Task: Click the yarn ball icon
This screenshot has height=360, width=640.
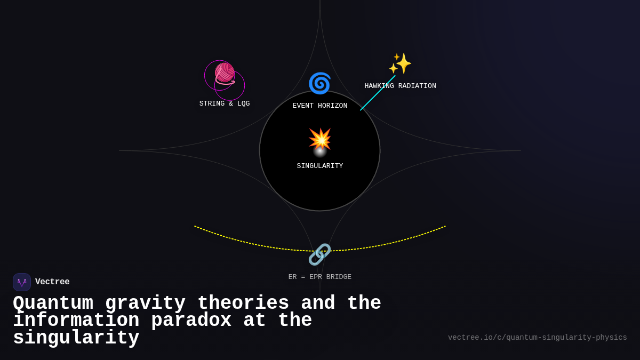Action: click(x=225, y=74)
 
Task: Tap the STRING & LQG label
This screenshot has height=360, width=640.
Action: click(x=225, y=104)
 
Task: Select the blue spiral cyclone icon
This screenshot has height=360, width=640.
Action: click(x=319, y=83)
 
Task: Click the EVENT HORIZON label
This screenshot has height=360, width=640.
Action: click(x=320, y=106)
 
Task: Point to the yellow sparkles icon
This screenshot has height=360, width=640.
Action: click(x=400, y=63)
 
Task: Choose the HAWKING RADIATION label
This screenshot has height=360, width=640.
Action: click(x=400, y=86)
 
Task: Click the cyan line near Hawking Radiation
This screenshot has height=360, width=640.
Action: click(x=378, y=93)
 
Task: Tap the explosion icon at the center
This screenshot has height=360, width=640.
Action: click(x=320, y=139)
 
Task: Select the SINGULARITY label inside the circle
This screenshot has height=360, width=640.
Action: click(x=320, y=166)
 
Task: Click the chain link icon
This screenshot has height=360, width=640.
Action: click(x=319, y=254)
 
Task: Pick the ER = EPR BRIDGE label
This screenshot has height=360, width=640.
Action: click(x=320, y=277)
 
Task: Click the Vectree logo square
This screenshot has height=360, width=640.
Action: click(x=22, y=282)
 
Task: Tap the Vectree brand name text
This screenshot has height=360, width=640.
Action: click(x=52, y=282)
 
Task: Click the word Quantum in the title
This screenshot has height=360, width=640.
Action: click(x=53, y=303)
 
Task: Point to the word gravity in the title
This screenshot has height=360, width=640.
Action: click(x=145, y=303)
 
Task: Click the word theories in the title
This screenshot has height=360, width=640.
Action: click(x=243, y=303)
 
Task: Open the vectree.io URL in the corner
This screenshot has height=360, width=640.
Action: click(x=537, y=338)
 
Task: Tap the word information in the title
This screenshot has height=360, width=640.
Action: click(x=76, y=321)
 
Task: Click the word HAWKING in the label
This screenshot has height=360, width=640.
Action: click(x=379, y=86)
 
